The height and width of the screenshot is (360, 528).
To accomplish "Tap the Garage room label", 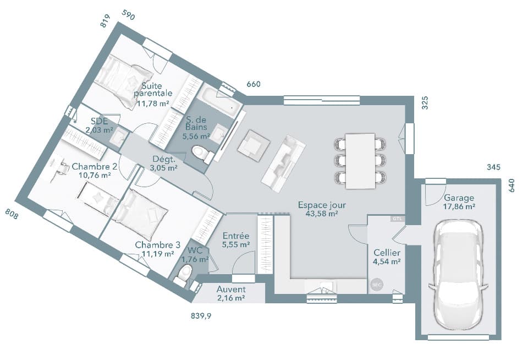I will point(459,202).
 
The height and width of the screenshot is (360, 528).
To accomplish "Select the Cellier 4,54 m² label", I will point(387,257).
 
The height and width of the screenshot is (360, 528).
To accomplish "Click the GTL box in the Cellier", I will point(397,219).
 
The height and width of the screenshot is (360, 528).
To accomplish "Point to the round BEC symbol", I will point(377,285).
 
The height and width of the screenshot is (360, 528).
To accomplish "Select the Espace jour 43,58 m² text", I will point(322,209).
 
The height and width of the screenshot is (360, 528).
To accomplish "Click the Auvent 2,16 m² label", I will point(231,293).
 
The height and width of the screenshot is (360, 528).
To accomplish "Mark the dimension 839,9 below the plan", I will point(201,317).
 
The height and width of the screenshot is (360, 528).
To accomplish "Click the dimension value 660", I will point(254,84).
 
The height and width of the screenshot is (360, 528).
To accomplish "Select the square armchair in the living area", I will point(254,144).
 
